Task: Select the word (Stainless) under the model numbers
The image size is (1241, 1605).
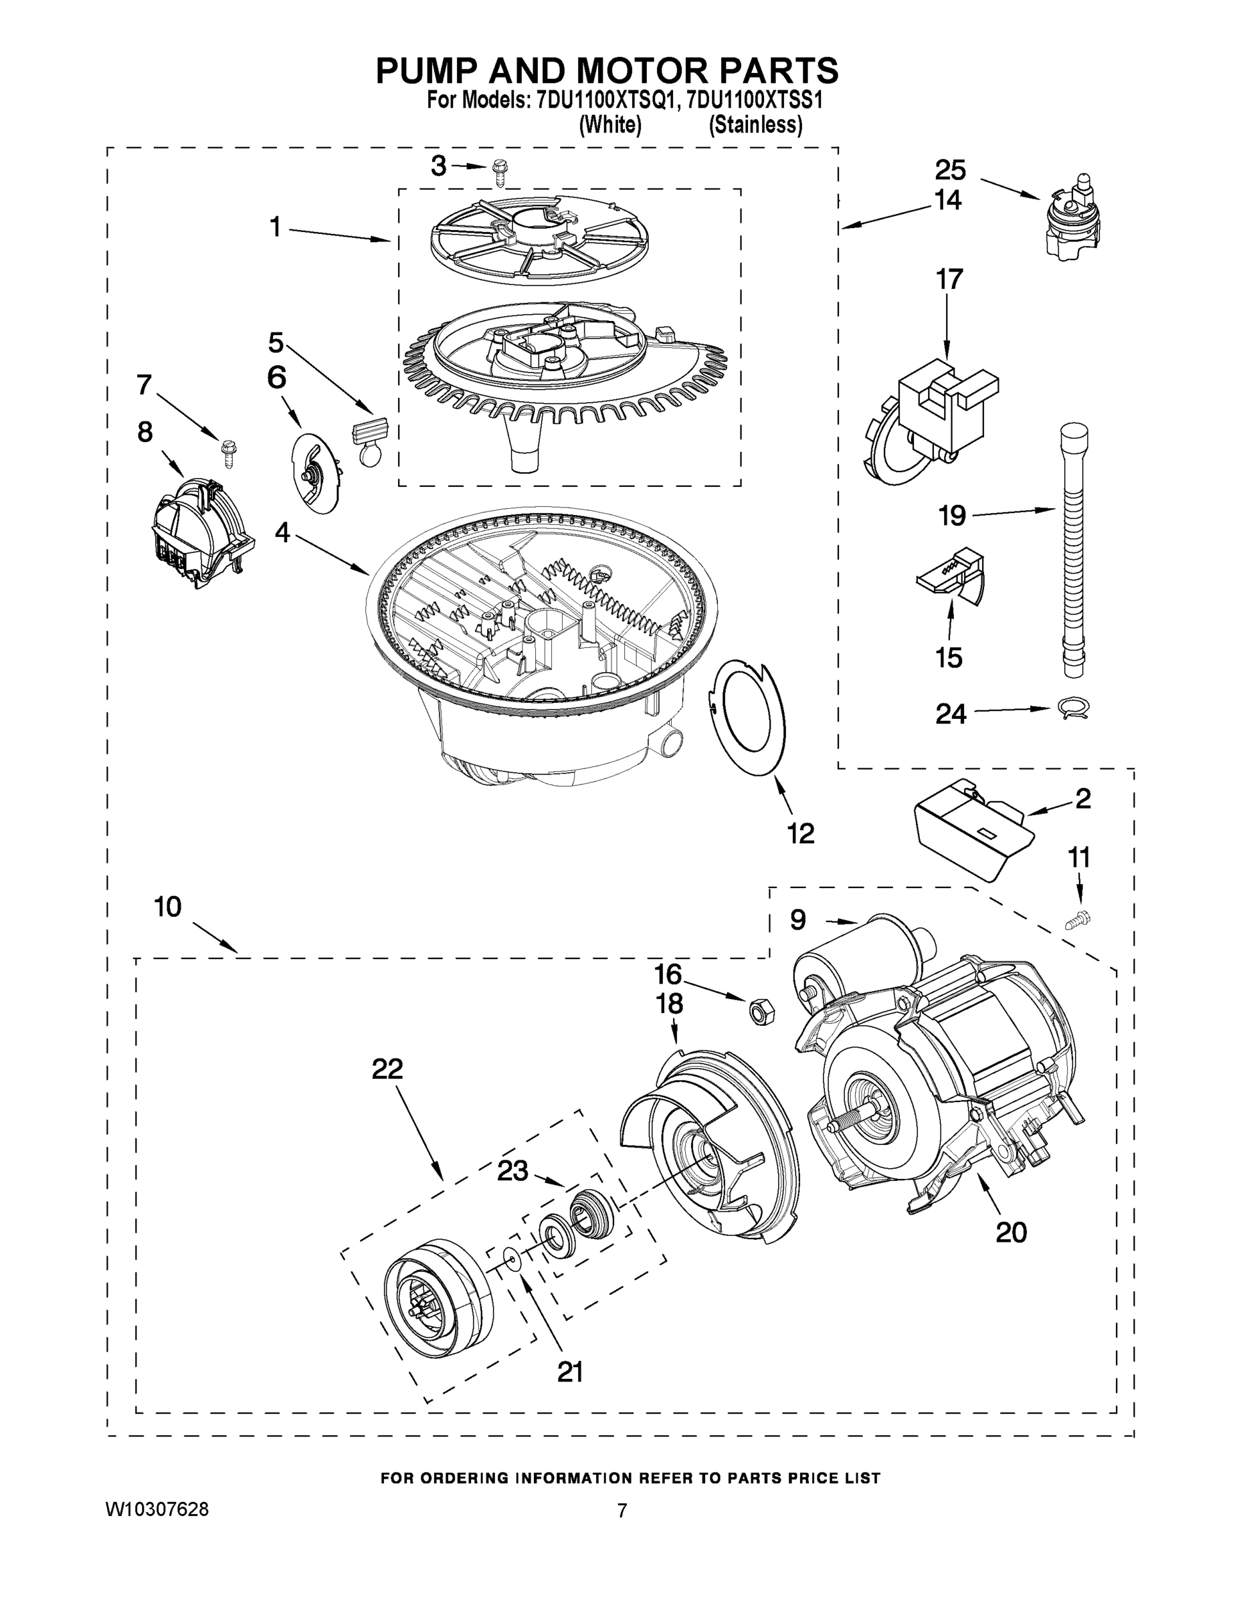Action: pyautogui.click(x=755, y=125)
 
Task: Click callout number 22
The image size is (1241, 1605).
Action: pyautogui.click(x=387, y=1069)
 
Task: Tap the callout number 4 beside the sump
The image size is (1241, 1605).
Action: pyautogui.click(x=282, y=533)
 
